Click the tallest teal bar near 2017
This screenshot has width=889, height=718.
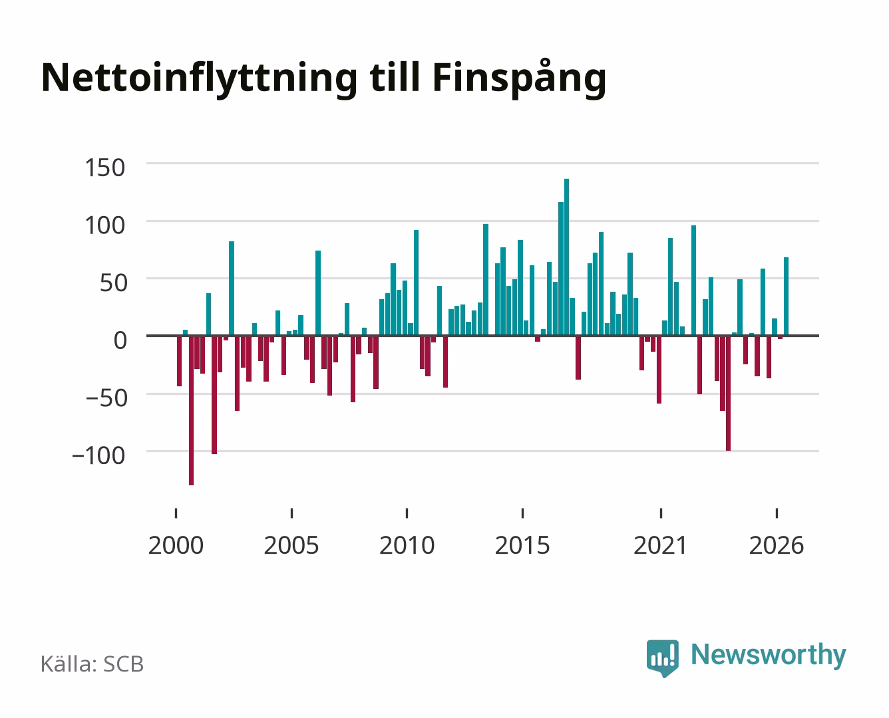point(566,257)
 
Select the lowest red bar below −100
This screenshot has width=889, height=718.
point(191,410)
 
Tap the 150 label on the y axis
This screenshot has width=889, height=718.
point(104,168)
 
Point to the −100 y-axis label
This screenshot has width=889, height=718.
point(98,455)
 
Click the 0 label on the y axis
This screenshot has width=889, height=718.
point(120,340)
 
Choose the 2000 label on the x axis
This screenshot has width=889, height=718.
point(176,545)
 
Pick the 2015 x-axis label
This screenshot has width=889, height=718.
point(522,545)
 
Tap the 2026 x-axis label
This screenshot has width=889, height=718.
point(777,545)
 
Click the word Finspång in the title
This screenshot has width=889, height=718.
point(519,79)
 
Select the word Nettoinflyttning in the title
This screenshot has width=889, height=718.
point(199,79)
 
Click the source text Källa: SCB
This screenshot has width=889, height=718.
point(92,664)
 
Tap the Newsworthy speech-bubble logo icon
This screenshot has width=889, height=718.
point(662,658)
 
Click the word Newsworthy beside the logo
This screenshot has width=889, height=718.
point(769,656)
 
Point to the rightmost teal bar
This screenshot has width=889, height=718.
point(786,296)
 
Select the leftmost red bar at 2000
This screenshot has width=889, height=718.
point(180,361)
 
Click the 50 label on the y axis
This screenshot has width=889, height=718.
point(113,283)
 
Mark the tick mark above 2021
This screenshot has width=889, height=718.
point(661,513)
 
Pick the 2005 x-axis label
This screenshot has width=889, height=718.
point(291,545)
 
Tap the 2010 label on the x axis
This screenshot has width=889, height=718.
point(407,545)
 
